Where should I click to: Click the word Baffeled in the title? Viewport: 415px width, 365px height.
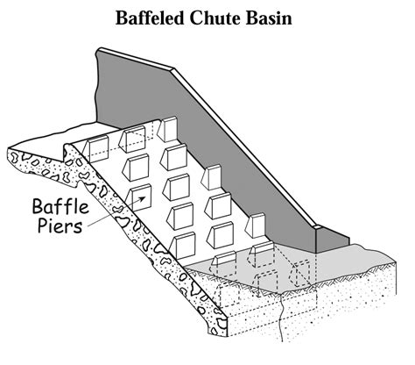click(x=150, y=18)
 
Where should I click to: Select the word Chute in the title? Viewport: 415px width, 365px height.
click(x=215, y=18)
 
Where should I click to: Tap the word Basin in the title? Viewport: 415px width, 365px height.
click(x=269, y=18)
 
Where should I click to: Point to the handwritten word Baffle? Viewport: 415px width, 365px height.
click(x=60, y=205)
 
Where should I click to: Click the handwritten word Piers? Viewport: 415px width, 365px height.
click(x=60, y=225)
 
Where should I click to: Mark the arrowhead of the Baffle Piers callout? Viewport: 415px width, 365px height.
click(x=142, y=199)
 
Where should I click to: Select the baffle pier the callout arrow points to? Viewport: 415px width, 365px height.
click(x=141, y=198)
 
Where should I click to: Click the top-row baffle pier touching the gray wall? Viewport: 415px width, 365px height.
click(x=167, y=129)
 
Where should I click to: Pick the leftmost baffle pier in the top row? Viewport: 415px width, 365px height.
click(x=95, y=149)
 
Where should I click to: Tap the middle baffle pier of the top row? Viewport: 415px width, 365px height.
click(x=131, y=140)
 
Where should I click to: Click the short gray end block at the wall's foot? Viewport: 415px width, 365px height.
click(x=333, y=239)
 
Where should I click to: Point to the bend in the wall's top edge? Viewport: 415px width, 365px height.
click(x=173, y=69)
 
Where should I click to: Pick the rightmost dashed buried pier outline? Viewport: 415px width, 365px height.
click(x=300, y=273)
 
